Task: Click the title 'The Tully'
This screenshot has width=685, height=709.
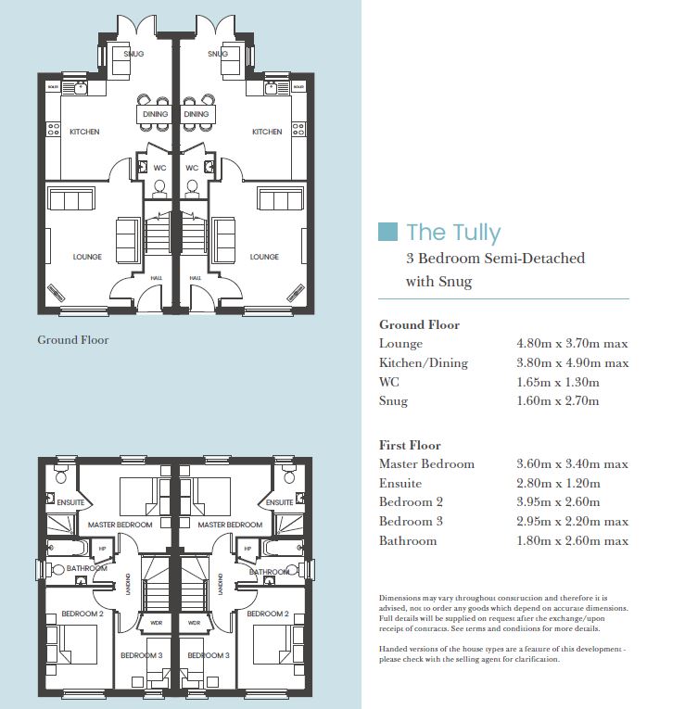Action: pos(452,232)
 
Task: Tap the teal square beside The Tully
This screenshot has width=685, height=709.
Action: pos(389,231)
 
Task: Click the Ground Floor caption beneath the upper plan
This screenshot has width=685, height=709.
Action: pos(72,340)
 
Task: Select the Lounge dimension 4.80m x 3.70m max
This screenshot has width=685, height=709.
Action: pos(572,344)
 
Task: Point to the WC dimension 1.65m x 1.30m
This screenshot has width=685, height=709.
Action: pos(557,382)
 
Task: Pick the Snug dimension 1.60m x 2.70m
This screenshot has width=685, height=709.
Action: pos(557,401)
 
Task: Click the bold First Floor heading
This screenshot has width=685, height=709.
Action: pos(410,445)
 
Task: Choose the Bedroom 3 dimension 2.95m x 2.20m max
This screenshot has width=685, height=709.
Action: pos(572,522)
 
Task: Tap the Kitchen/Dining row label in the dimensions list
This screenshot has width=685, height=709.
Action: pos(424,363)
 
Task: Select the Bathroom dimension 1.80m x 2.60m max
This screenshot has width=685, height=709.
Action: pos(572,541)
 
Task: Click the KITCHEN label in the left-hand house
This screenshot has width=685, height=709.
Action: pos(84,133)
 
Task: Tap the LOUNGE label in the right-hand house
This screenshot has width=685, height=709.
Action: pos(264,257)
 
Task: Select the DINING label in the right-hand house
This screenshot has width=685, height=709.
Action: pos(197,115)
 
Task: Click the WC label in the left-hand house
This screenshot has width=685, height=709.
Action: pos(159,169)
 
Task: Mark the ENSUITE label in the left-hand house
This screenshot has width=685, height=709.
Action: pos(70,502)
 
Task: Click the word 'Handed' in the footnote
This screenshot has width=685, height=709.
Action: pos(394,650)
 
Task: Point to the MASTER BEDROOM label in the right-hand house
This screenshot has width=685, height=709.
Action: pos(230,525)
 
